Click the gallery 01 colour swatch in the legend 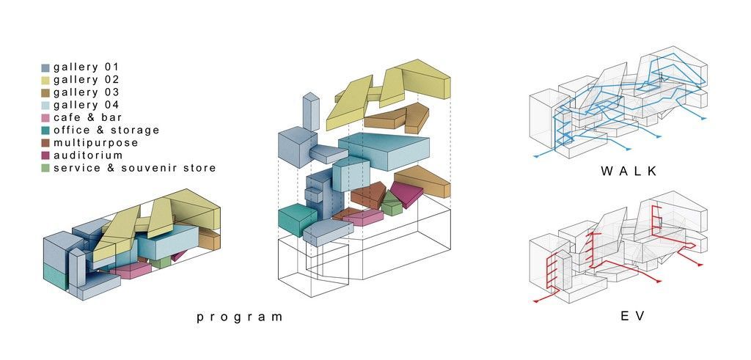click(45, 67)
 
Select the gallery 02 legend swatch click(45, 80)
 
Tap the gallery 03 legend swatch click(45, 92)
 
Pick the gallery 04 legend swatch click(45, 106)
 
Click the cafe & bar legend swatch click(45, 118)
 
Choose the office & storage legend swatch click(45, 131)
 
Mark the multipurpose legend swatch click(45, 143)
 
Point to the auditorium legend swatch click(45, 155)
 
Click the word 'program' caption click(239, 317)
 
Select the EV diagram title click(630, 317)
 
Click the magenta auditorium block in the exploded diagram click(406, 194)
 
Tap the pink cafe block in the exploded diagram click(363, 216)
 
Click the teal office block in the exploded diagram click(296, 219)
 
